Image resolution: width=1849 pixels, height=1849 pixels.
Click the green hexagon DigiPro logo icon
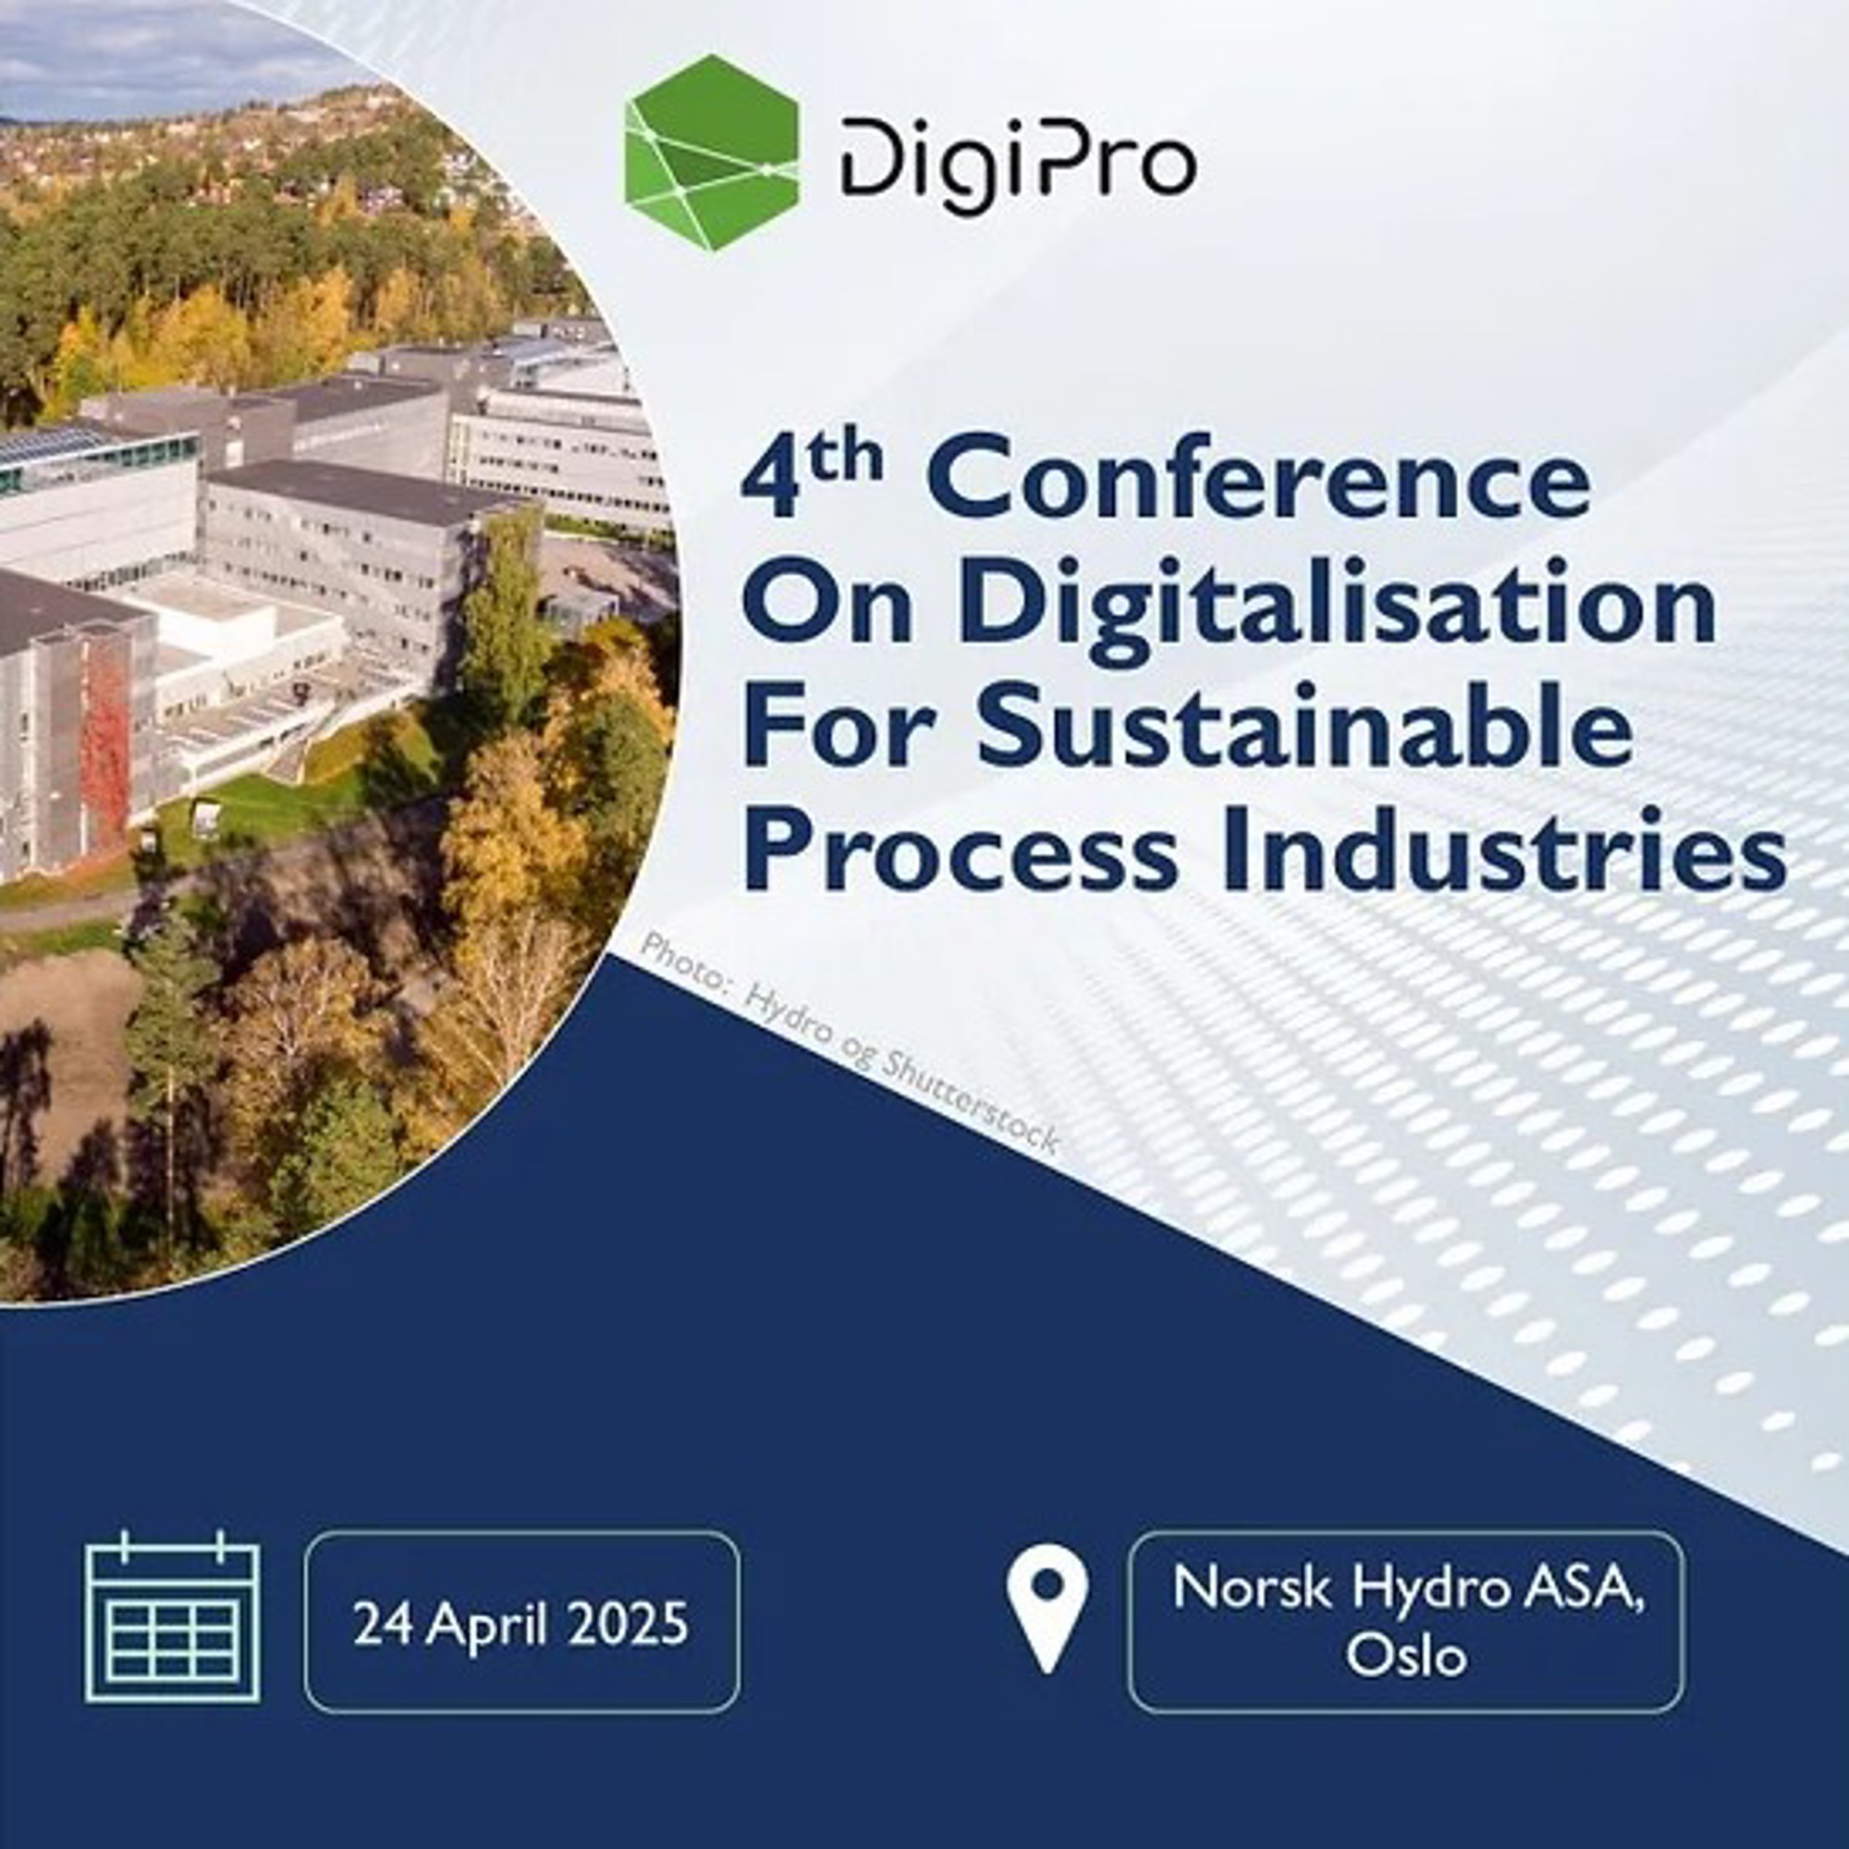click(x=711, y=153)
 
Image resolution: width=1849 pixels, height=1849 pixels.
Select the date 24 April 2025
click(x=520, y=1624)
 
